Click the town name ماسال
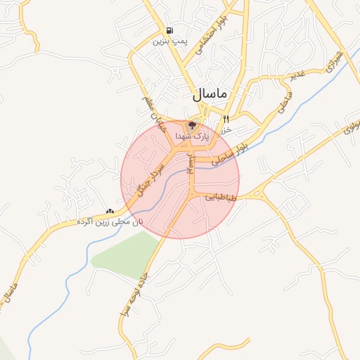click(209, 94)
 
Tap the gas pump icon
click(169, 30)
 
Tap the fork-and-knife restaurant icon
click(226, 119)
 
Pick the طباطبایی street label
click(222, 199)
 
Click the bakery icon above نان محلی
click(110, 211)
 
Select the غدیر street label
click(298, 75)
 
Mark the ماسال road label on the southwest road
click(11, 288)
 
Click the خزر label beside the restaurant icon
click(226, 131)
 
